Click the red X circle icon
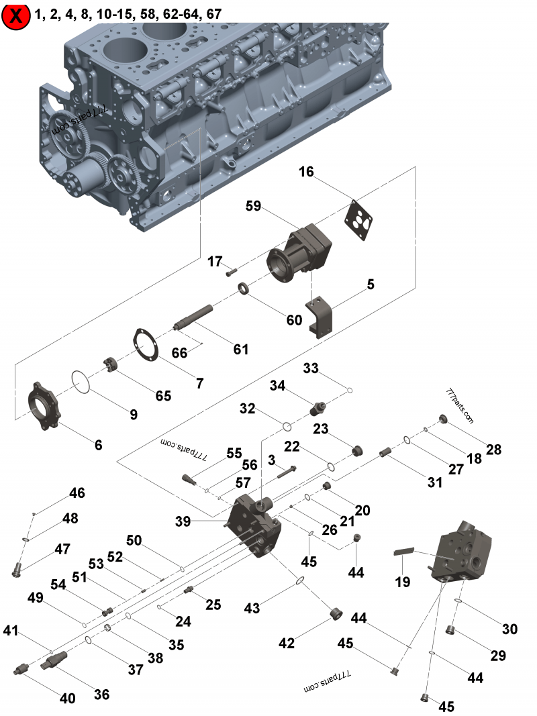click(17, 16)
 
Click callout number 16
click(306, 172)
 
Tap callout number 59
click(253, 207)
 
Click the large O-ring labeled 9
click(81, 383)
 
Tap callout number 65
click(164, 396)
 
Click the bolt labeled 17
click(232, 272)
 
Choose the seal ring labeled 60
click(246, 289)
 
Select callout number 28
click(493, 450)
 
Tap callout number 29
click(497, 656)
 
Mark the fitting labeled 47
click(17, 570)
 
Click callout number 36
click(101, 695)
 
